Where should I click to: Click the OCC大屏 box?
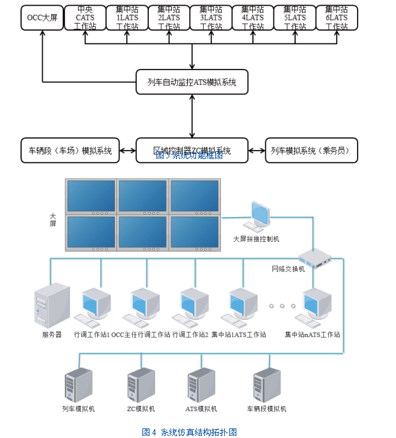[42, 18]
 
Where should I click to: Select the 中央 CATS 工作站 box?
[85, 18]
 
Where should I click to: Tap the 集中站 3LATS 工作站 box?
[211, 18]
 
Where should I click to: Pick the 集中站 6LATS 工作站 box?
[337, 18]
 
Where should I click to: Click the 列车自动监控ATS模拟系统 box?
[192, 82]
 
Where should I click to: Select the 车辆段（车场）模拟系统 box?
[70, 151]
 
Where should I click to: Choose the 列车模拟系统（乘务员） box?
[311, 151]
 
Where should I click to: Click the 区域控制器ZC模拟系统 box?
[192, 151]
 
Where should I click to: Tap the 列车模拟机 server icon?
[79, 384]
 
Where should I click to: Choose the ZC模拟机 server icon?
[141, 384]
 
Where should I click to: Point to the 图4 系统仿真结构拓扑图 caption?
[189, 432]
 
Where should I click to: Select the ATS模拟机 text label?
[201, 409]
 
